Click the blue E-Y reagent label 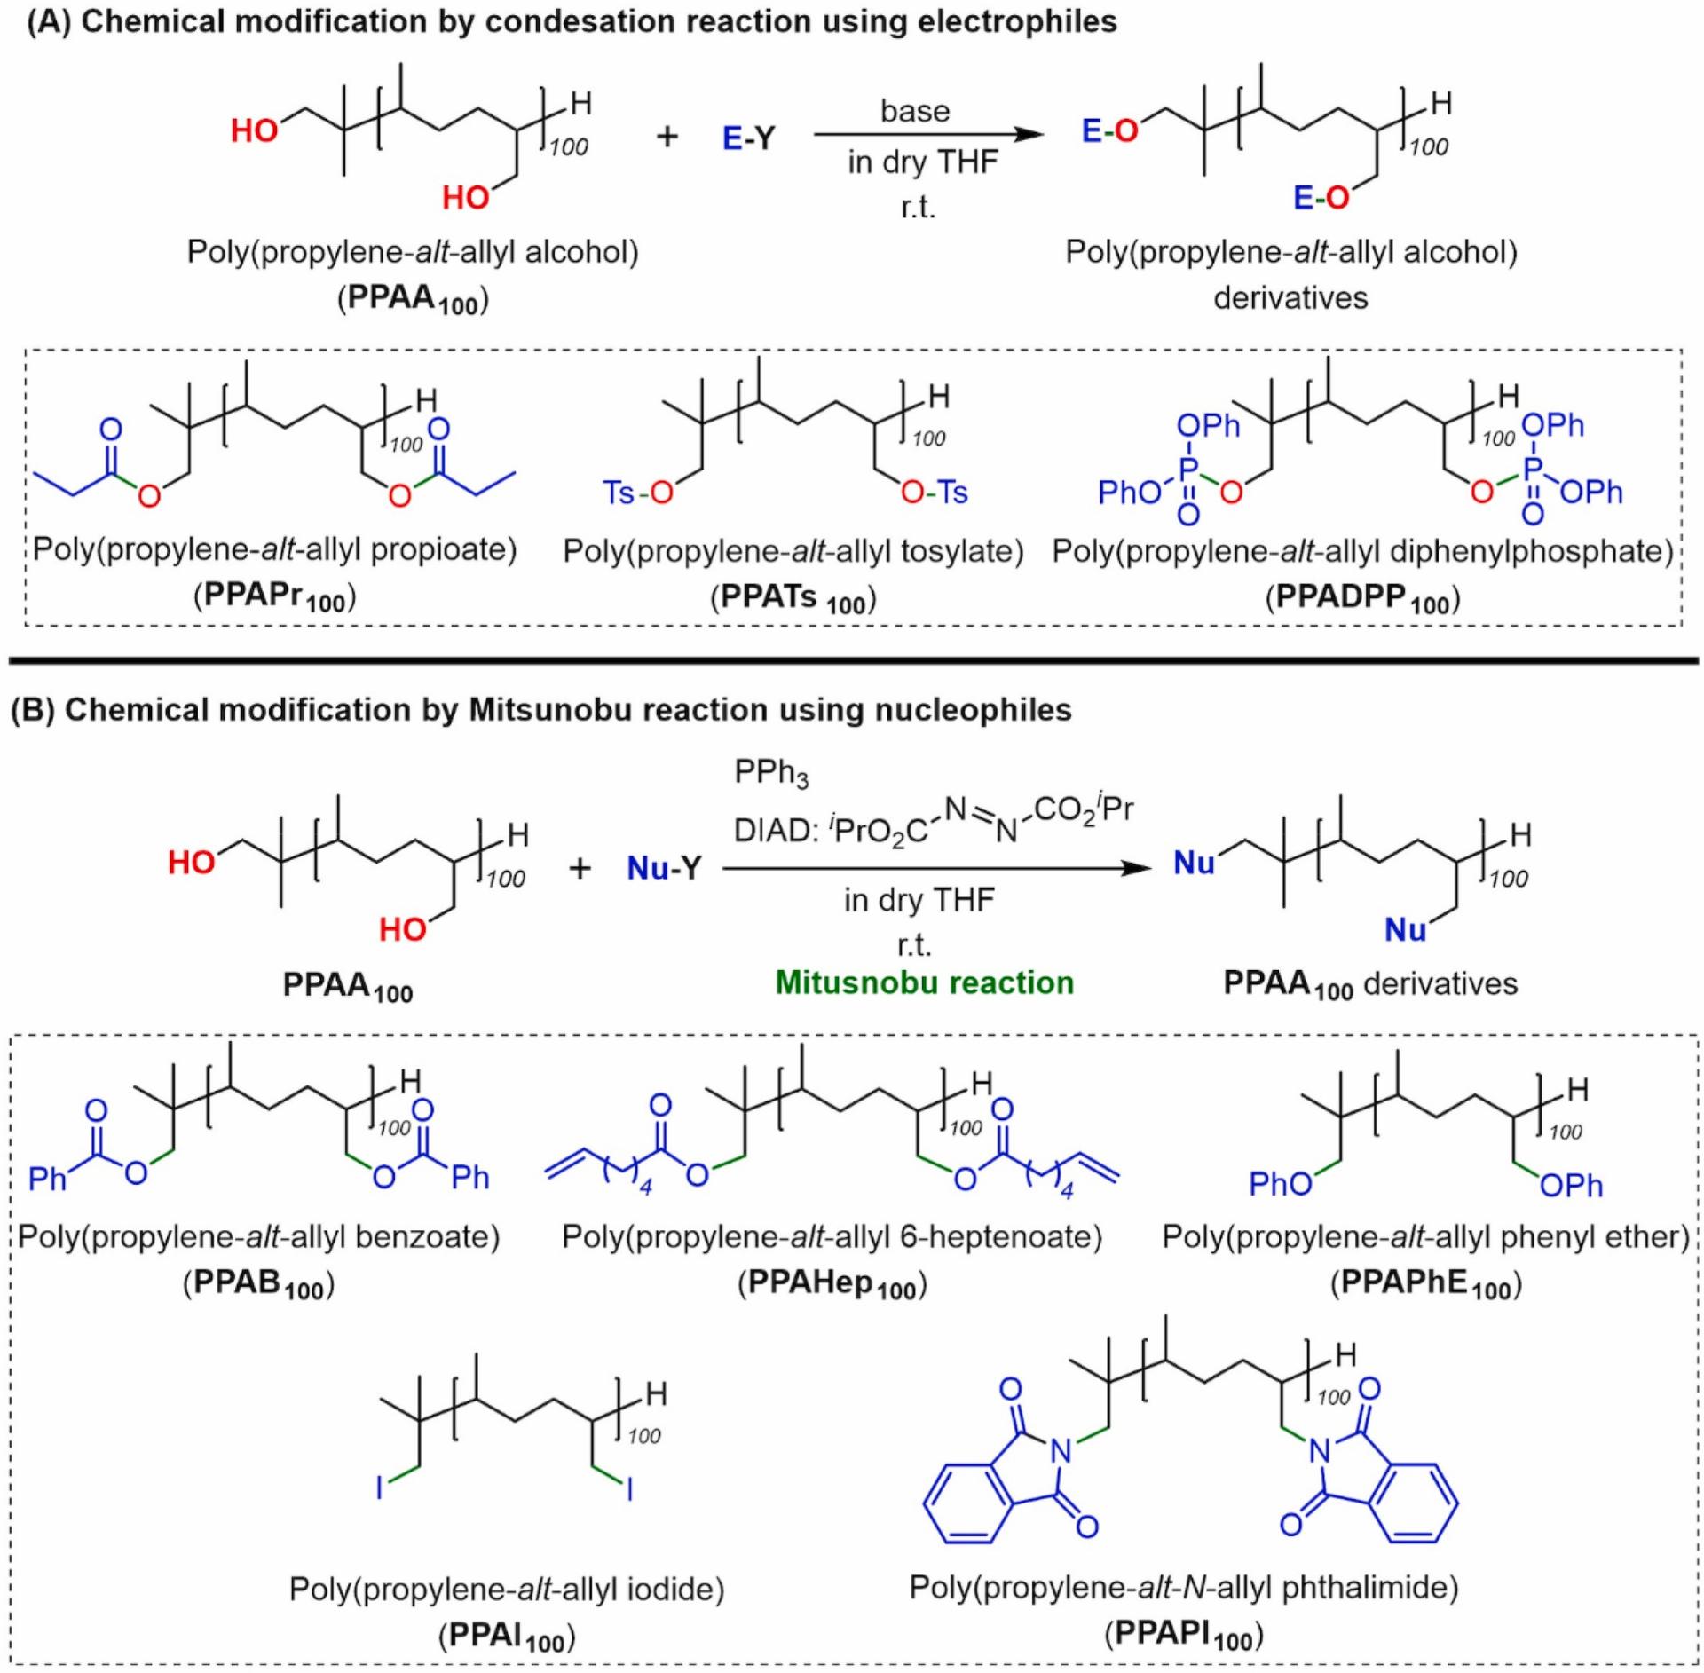748,138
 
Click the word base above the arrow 914,111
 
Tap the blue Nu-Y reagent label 664,867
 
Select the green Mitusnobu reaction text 924,982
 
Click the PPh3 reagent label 770,773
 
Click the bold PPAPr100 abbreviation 274,597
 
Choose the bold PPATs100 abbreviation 793,599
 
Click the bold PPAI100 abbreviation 507,1635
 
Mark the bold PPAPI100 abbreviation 1184,1634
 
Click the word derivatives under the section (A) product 1290,297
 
